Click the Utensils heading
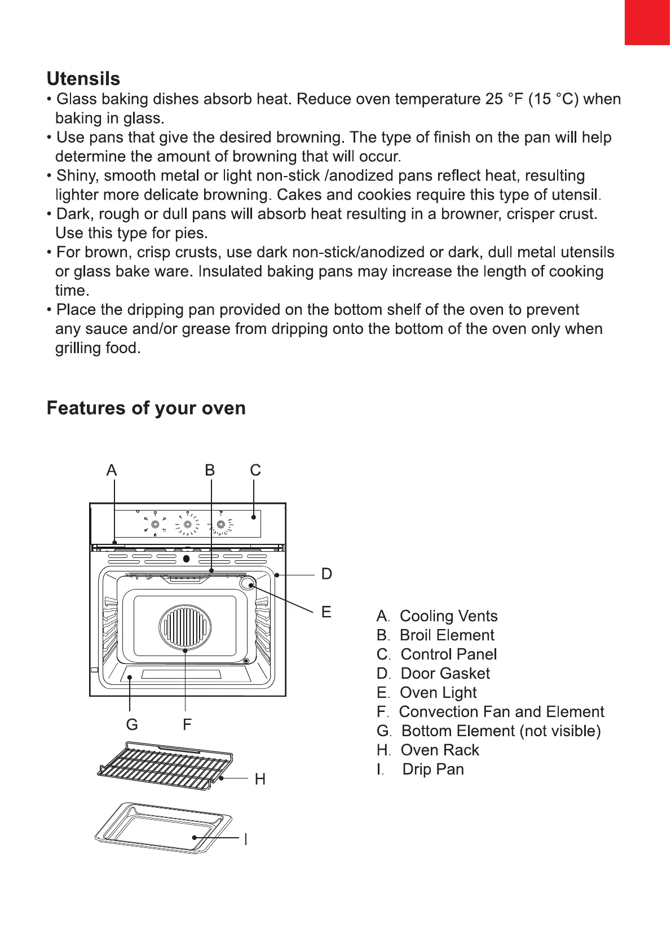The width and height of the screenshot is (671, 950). [83, 78]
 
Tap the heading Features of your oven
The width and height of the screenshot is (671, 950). [146, 408]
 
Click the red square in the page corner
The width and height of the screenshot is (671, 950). [647, 22]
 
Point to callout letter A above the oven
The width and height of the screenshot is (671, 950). [112, 470]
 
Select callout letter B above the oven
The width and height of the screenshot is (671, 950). [210, 470]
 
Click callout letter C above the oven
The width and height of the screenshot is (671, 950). [255, 470]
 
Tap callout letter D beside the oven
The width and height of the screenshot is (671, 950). [326, 574]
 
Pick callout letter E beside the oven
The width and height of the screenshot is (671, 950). [326, 612]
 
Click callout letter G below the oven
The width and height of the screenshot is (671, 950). [132, 724]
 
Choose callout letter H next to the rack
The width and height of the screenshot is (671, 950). [260, 779]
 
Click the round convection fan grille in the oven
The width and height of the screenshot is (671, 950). [186, 627]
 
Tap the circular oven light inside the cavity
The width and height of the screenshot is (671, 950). [247, 584]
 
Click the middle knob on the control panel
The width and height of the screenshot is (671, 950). [188, 525]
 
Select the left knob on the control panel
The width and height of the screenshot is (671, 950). [154, 525]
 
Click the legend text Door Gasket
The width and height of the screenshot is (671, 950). [445, 674]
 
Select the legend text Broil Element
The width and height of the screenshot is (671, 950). [447, 635]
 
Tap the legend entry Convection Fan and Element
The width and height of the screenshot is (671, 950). [501, 712]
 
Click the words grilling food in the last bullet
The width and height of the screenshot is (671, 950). [96, 348]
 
